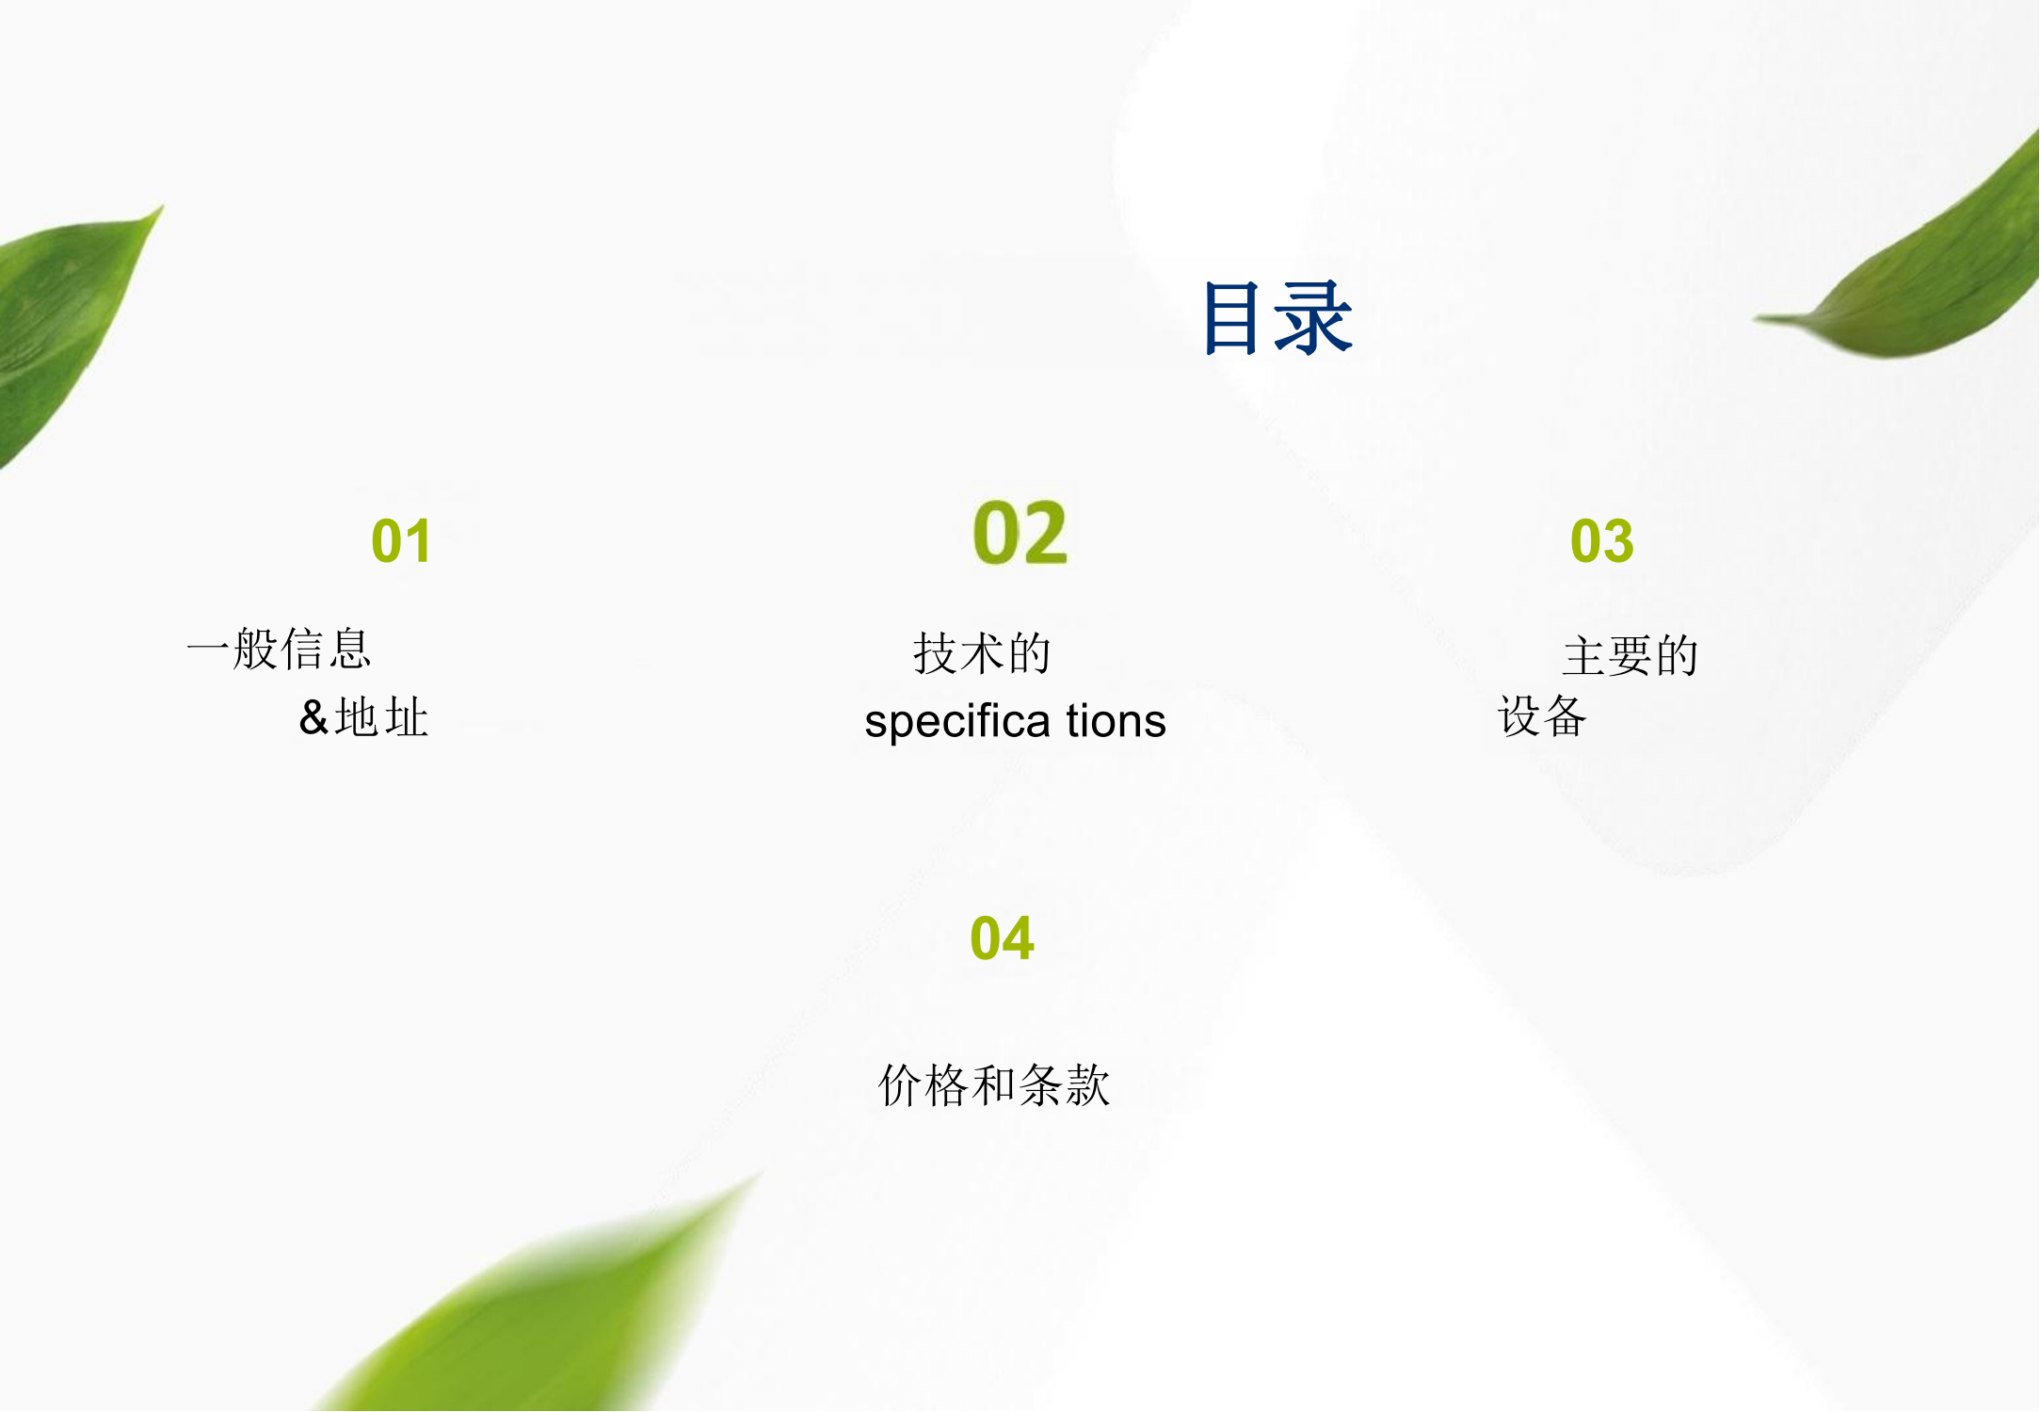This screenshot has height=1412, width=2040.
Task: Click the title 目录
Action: (1278, 318)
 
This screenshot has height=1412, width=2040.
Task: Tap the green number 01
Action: (402, 541)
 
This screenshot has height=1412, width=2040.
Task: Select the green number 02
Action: (1020, 533)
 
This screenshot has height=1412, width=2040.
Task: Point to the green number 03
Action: (1601, 541)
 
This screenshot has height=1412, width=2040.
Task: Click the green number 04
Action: (1003, 939)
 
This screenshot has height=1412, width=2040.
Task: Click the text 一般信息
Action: (280, 649)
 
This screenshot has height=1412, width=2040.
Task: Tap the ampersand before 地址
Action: (313, 717)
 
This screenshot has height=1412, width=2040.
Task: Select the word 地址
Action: (382, 717)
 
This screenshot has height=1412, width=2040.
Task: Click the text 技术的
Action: (982, 653)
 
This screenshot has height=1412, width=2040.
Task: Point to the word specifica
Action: (957, 722)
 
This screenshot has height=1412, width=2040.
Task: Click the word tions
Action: (1116, 721)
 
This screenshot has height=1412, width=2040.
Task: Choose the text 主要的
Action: (1630, 655)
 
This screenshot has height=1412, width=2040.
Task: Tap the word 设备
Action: (1542, 716)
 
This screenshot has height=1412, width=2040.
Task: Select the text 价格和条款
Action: (994, 1084)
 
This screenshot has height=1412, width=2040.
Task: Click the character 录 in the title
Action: (1316, 318)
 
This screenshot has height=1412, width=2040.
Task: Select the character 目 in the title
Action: (1231, 318)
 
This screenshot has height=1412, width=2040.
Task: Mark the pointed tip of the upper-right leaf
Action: (1755, 319)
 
